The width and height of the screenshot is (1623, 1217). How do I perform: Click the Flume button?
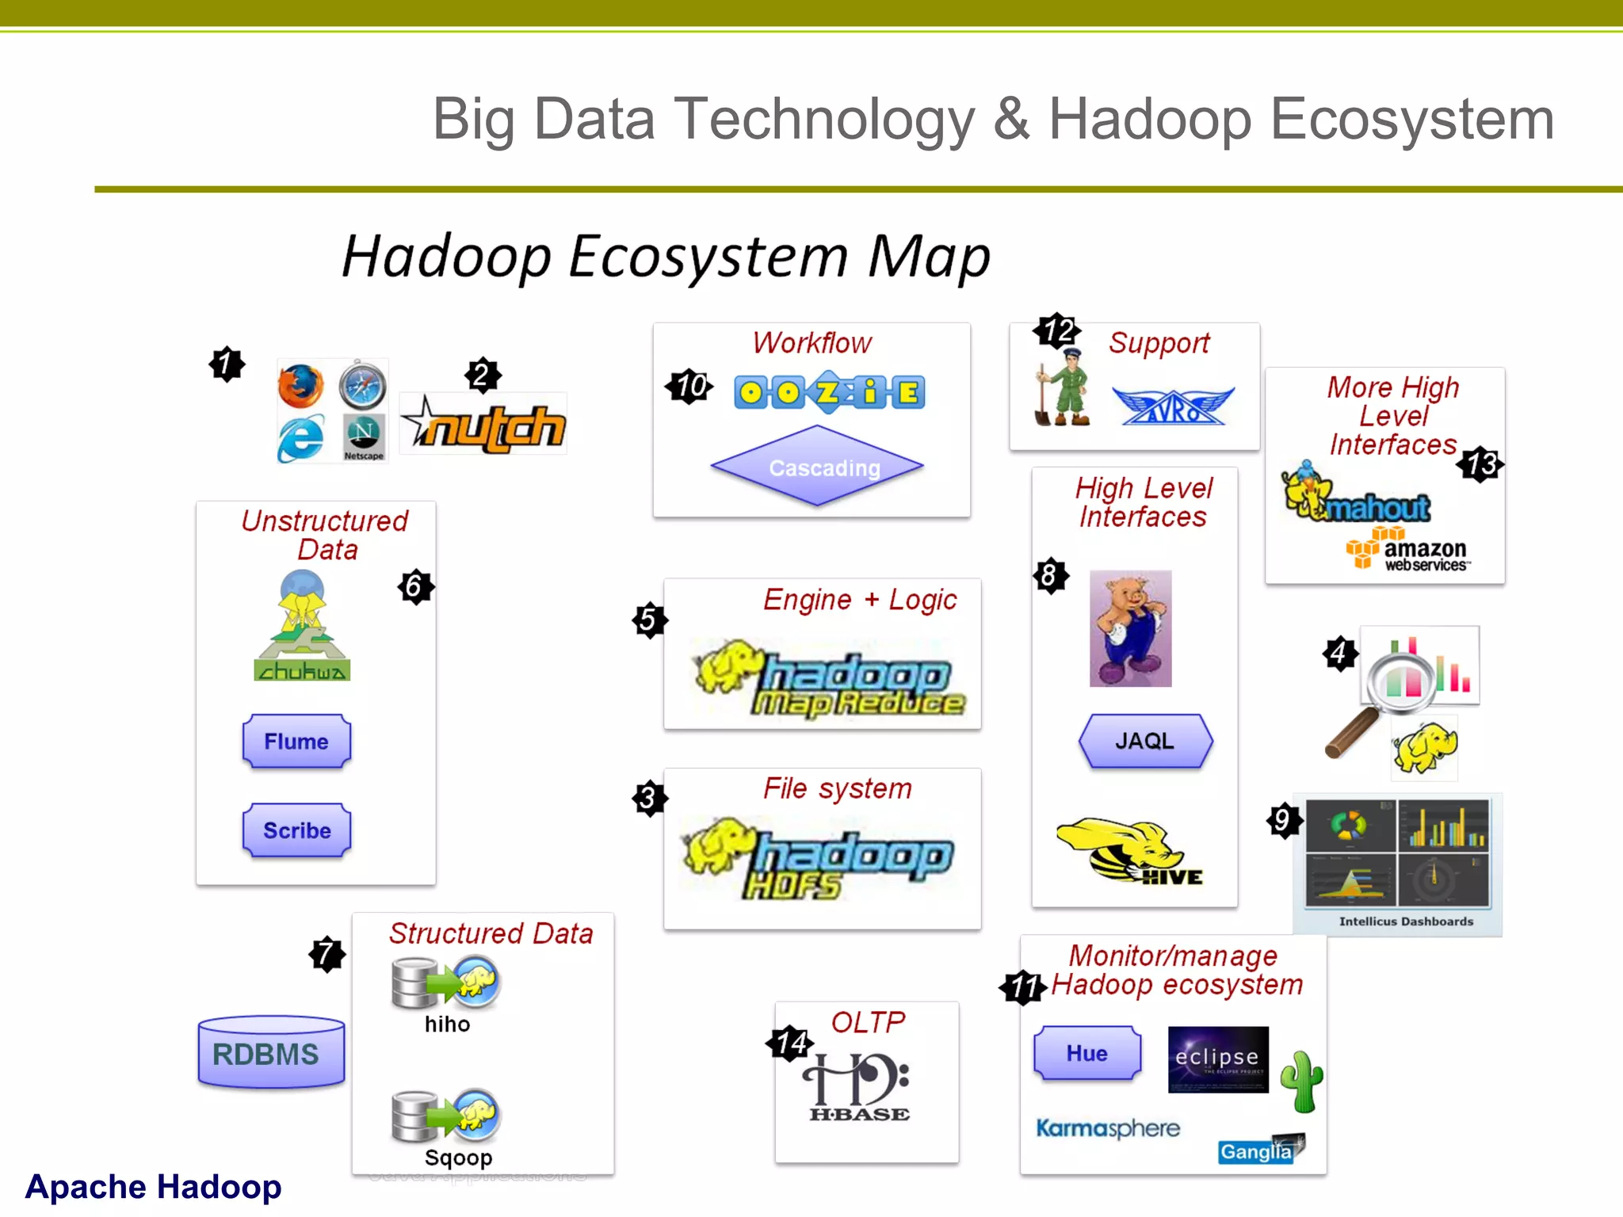pyautogui.click(x=296, y=742)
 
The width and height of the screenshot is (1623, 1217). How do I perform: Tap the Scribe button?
pyautogui.click(x=296, y=830)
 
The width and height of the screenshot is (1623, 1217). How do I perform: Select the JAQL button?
pyautogui.click(x=1144, y=741)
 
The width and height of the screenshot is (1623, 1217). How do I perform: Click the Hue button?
pyautogui.click(x=1086, y=1053)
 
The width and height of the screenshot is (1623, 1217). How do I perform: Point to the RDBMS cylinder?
pyautogui.click(x=271, y=1053)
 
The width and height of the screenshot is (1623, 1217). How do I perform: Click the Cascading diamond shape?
pyautogui.click(x=818, y=467)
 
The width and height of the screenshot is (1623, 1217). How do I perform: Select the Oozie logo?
pyautogui.click(x=829, y=392)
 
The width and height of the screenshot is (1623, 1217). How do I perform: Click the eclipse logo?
pyautogui.click(x=1217, y=1059)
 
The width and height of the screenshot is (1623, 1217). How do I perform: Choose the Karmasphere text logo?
pyautogui.click(x=1108, y=1127)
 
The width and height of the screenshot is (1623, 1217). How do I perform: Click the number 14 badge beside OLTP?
pyautogui.click(x=791, y=1043)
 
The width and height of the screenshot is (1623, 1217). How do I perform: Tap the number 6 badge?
pyautogui.click(x=414, y=587)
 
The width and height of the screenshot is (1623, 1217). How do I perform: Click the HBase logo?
pyautogui.click(x=859, y=1087)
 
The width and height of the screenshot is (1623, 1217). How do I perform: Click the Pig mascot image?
pyautogui.click(x=1130, y=628)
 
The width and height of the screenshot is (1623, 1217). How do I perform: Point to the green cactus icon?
pyautogui.click(x=1301, y=1082)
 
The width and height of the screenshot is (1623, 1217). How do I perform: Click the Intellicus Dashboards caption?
pyautogui.click(x=1406, y=921)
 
